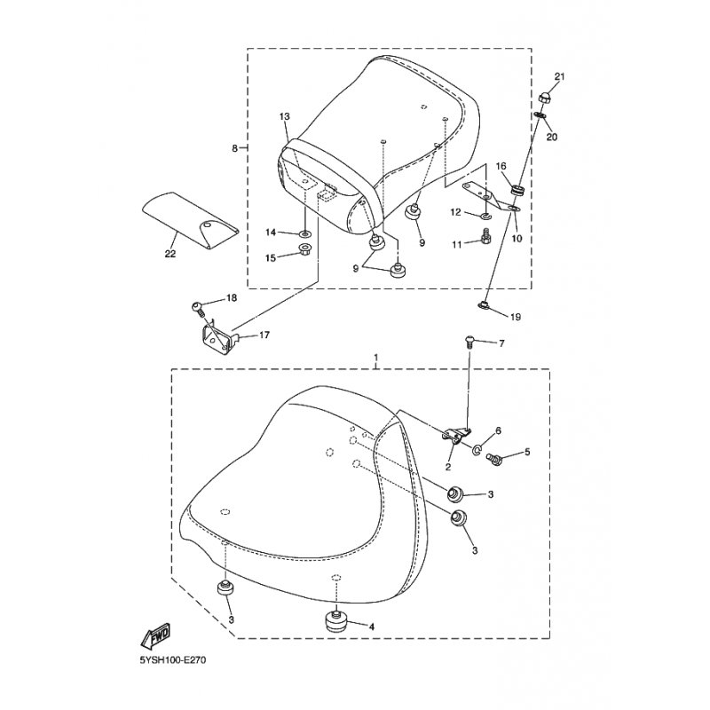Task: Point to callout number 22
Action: tap(170, 254)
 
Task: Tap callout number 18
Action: tap(231, 298)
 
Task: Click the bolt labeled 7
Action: tap(469, 342)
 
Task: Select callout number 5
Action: tap(527, 453)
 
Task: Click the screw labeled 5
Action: tap(497, 458)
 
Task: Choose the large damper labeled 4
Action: tap(336, 622)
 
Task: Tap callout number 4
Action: tap(371, 627)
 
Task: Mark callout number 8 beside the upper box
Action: tap(235, 149)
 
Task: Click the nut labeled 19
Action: tap(485, 307)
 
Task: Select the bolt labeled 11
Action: tap(485, 236)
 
